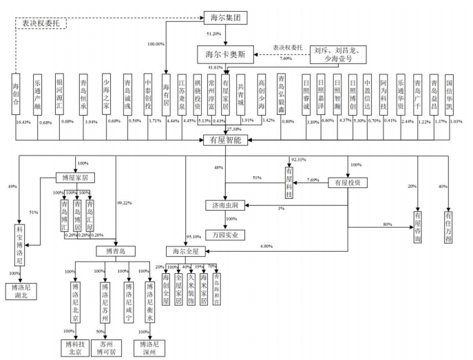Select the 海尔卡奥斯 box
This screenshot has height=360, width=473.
(225, 53)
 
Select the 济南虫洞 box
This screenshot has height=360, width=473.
(224, 206)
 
